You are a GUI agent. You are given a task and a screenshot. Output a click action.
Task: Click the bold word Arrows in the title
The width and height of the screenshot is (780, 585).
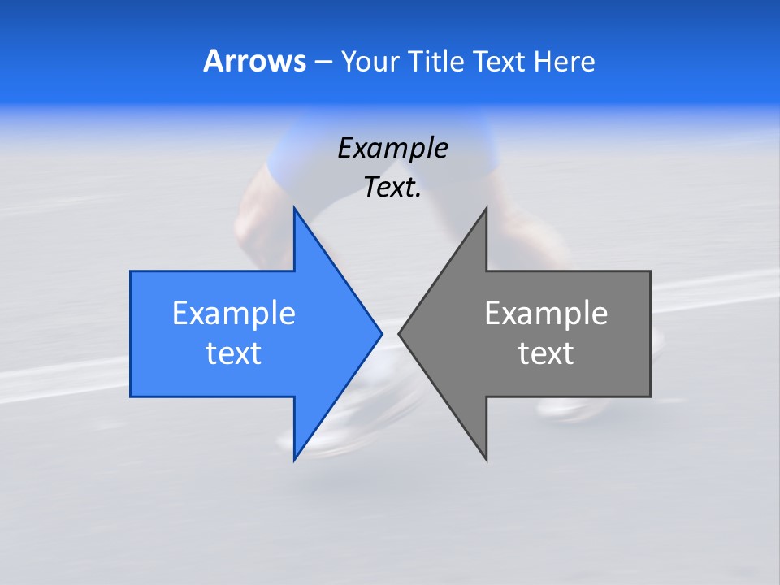pyautogui.click(x=253, y=61)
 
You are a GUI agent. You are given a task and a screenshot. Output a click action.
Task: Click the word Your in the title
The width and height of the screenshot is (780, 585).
pyautogui.click(x=370, y=61)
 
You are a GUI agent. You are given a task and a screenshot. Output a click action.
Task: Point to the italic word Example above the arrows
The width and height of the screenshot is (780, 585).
pyautogui.click(x=392, y=148)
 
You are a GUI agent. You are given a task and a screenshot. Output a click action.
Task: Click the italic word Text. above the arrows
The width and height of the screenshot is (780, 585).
pyautogui.click(x=392, y=187)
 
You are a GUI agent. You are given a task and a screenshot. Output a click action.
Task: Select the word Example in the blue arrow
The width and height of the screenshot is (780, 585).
pyautogui.click(x=234, y=313)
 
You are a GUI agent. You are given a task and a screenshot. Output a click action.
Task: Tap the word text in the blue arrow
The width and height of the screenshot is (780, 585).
pyautogui.click(x=234, y=353)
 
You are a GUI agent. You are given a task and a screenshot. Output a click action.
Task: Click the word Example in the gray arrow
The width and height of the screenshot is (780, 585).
pyautogui.click(x=546, y=313)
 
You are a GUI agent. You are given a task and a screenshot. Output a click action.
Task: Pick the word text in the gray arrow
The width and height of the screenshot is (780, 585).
pyautogui.click(x=546, y=353)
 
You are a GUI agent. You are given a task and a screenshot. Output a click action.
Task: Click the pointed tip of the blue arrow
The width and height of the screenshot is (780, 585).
pyautogui.click(x=381, y=332)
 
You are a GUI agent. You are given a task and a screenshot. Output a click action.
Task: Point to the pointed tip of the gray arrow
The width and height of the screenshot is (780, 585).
pyautogui.click(x=399, y=332)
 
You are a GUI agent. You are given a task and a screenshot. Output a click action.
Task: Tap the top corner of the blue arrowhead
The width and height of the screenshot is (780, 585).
pyautogui.click(x=294, y=208)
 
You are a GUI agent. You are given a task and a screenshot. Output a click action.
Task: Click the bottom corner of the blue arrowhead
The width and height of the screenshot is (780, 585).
pyautogui.click(x=294, y=460)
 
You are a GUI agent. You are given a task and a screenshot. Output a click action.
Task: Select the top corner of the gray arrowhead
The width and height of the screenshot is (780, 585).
pyautogui.click(x=486, y=208)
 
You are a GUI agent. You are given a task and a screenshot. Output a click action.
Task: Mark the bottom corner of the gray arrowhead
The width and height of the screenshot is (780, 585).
pyautogui.click(x=486, y=460)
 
